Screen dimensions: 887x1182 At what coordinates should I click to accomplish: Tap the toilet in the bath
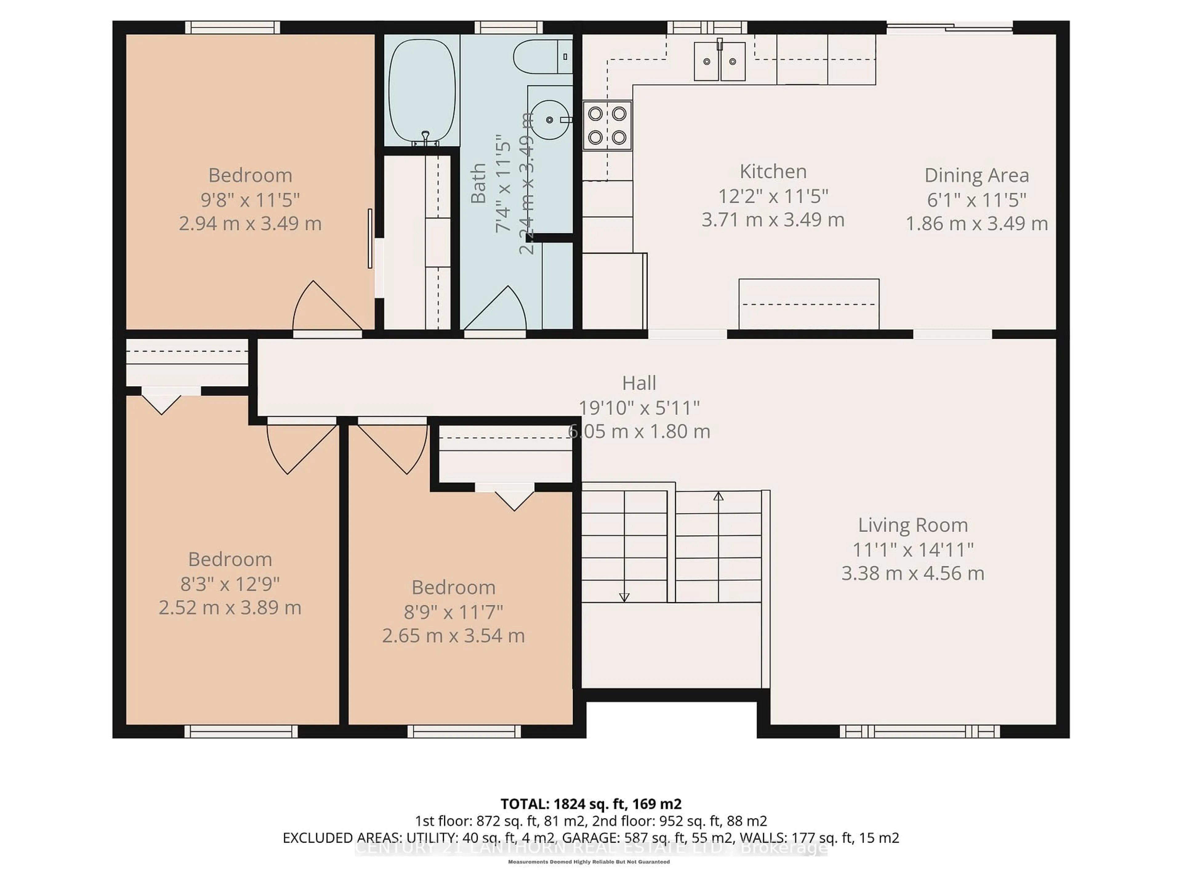[540, 56]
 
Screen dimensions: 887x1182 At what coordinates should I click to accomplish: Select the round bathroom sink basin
[549, 120]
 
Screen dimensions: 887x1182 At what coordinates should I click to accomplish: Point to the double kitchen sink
[719, 62]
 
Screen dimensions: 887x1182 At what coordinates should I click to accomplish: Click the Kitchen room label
[773, 172]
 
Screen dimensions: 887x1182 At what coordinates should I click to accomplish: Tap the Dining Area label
[976, 175]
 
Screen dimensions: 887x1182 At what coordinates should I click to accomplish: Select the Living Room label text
[913, 525]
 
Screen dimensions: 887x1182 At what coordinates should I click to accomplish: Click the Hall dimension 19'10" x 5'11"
[639, 408]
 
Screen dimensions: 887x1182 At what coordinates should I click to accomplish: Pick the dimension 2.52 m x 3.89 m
[230, 607]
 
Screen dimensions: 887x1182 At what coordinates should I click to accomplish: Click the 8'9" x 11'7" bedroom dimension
[453, 611]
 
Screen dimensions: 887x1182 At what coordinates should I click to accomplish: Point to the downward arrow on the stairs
[624, 597]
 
